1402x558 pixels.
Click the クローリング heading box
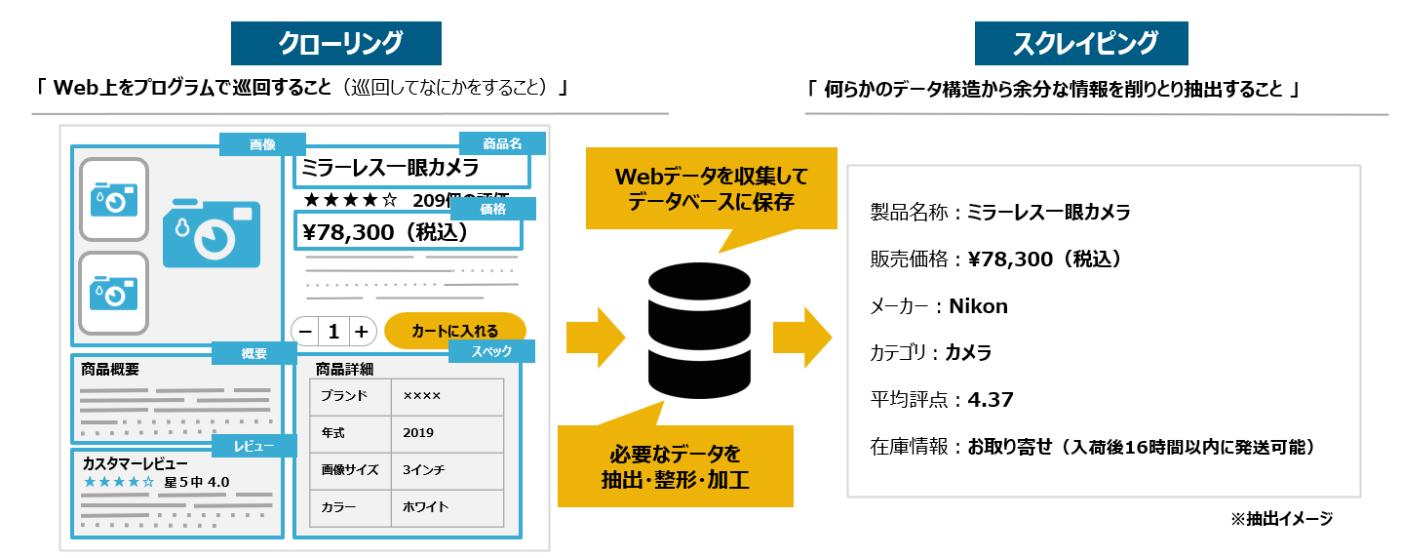coord(335,43)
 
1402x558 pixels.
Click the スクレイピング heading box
coord(1084,43)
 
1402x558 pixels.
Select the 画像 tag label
coord(262,144)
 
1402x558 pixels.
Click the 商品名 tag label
coord(502,143)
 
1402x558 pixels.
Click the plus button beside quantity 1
coord(361,332)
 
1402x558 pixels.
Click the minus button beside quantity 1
coord(305,332)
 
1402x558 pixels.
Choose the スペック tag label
coord(491,351)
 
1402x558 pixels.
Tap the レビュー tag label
coord(253,447)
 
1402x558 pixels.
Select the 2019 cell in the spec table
coord(418,432)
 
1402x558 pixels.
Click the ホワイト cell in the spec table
coord(425,506)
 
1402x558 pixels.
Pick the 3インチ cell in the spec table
coord(424,469)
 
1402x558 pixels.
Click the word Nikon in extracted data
coord(978,306)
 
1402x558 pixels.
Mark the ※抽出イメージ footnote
coord(1281,519)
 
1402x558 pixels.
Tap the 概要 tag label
coord(253,353)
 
